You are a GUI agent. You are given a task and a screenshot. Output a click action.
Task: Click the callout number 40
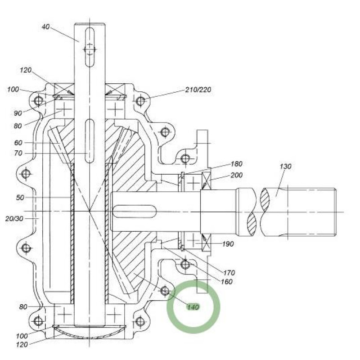[x=45, y=27]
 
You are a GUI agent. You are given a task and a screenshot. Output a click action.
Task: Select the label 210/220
[x=198, y=90]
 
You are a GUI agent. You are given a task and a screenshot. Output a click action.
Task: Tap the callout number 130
[x=285, y=166]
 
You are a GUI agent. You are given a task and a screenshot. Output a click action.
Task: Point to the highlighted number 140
[x=193, y=307]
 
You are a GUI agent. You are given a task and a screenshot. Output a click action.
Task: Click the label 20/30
[x=14, y=219]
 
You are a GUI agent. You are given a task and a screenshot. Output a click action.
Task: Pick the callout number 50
[x=20, y=198]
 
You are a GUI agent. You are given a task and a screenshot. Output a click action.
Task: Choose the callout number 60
[x=18, y=143]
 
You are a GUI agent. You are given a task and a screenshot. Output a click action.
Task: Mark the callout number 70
[x=18, y=153]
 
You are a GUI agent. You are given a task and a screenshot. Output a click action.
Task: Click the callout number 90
[x=18, y=113]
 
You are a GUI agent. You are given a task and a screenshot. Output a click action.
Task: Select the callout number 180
[x=237, y=164]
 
